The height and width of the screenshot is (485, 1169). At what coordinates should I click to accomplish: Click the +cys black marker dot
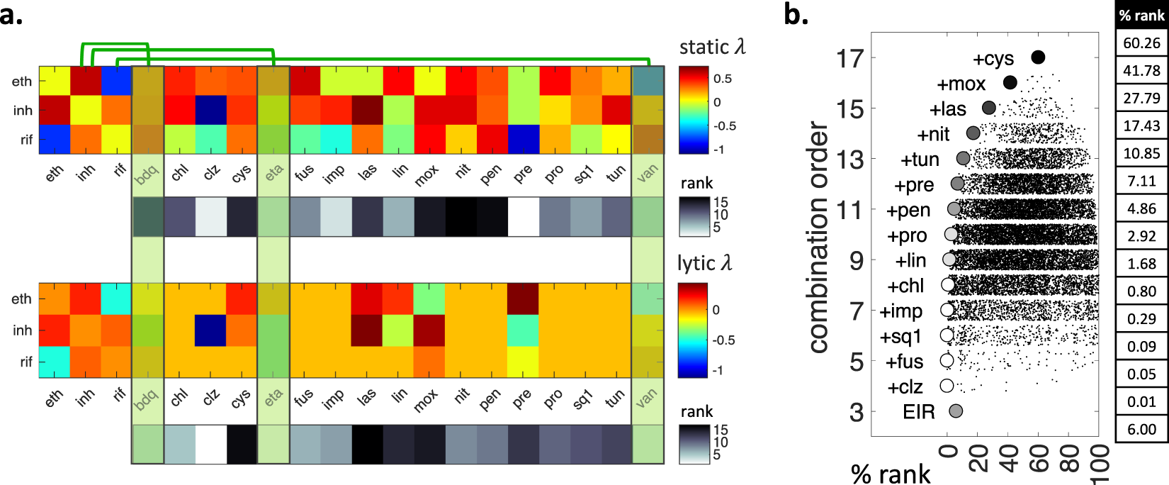tap(1038, 57)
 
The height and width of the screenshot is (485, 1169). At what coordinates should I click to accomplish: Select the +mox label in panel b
tap(961, 84)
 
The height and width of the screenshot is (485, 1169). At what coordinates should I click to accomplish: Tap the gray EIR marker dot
tap(956, 411)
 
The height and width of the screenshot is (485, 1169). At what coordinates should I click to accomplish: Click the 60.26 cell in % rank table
tap(1141, 43)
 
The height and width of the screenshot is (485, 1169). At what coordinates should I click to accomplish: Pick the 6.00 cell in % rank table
tap(1141, 429)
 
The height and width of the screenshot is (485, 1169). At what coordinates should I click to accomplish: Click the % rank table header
tap(1141, 16)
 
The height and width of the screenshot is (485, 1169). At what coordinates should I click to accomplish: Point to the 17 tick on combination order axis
tap(850, 58)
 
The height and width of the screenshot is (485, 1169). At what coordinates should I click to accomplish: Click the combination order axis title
tap(818, 238)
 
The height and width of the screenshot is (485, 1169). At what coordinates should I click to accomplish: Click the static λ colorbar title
tap(712, 48)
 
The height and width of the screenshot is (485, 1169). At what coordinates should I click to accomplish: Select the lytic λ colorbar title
tap(704, 263)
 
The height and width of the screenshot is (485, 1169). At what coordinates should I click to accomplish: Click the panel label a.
tap(11, 14)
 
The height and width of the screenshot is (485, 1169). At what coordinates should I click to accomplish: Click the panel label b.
tap(796, 14)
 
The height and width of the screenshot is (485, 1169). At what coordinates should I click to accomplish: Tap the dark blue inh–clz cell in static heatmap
tap(210, 111)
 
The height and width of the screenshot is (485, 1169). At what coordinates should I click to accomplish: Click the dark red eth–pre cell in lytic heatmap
tap(522, 298)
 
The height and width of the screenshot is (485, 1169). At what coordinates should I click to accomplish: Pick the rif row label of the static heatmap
tap(26, 140)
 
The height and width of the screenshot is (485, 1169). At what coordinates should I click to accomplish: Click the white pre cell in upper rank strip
tap(522, 217)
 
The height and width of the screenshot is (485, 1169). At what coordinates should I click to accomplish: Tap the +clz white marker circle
tap(947, 386)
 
